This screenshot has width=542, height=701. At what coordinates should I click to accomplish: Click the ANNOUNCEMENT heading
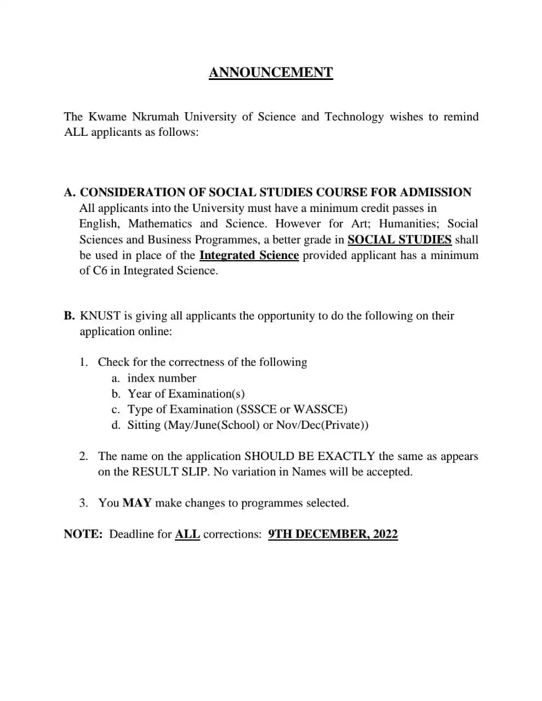tap(271, 73)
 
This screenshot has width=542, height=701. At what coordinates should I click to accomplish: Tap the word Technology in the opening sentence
tap(354, 117)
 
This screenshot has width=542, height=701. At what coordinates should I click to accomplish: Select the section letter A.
tap(69, 192)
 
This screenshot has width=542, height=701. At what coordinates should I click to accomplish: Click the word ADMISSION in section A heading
tap(435, 192)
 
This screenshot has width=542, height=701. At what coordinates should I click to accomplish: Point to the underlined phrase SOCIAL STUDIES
tap(400, 239)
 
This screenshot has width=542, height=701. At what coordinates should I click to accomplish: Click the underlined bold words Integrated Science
tap(249, 255)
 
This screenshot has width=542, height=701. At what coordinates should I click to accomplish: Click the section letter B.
tap(69, 315)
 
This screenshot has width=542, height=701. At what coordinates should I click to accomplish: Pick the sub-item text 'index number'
tap(162, 378)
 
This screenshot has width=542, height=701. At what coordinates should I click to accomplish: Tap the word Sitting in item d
tap(144, 425)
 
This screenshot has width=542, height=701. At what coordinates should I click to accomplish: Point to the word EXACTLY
tap(346, 456)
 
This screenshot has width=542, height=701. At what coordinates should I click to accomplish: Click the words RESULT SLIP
tap(170, 472)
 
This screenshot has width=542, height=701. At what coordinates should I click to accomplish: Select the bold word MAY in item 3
tap(137, 503)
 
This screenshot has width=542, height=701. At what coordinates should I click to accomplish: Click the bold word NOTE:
tap(83, 534)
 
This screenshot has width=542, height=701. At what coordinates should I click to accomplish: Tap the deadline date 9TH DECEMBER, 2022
tap(333, 534)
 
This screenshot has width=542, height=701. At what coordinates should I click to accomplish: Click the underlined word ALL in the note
tap(187, 534)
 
